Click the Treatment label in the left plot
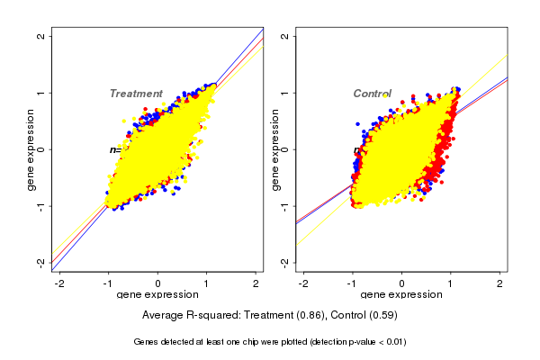point(136,94)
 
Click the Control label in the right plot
point(372,94)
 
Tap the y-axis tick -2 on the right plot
point(284,262)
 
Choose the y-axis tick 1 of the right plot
point(284,93)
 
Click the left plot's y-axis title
point(31,149)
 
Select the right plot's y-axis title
point(274,149)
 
